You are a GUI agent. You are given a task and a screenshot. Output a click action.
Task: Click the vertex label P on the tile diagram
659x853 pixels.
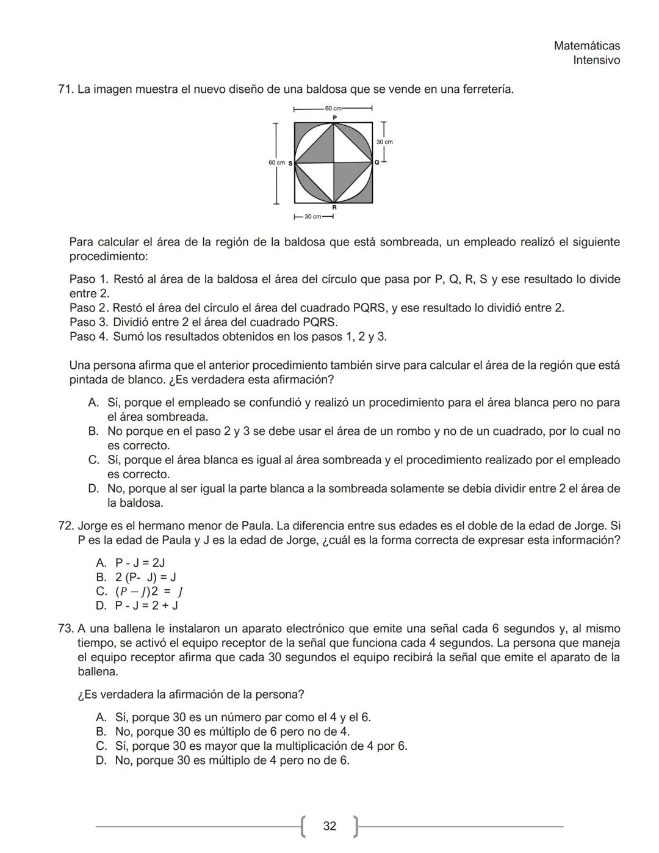[334, 117]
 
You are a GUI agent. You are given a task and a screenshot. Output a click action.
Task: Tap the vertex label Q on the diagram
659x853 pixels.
[376, 162]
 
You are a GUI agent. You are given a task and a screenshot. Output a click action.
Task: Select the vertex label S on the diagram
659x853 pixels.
[290, 163]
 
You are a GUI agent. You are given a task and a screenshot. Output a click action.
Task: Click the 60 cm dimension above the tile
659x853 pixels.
[334, 108]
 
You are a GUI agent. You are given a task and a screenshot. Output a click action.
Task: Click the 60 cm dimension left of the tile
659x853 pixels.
[276, 162]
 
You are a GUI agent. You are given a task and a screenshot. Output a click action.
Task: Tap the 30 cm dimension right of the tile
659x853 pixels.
[384, 142]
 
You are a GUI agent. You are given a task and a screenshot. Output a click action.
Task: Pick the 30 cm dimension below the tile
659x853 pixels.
[313, 217]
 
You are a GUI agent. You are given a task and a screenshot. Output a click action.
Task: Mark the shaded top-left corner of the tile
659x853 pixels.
[300, 128]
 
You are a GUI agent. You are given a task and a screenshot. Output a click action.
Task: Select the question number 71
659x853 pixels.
[65, 89]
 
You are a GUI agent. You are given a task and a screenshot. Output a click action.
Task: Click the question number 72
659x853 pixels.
[65, 526]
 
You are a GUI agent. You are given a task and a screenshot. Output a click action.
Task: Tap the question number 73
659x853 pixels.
[65, 628]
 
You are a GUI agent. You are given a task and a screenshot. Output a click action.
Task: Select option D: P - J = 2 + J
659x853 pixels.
[146, 605]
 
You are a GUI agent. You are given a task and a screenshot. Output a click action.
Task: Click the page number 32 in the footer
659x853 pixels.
[329, 826]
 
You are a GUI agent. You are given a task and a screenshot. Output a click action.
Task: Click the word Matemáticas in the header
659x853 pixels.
[586, 46]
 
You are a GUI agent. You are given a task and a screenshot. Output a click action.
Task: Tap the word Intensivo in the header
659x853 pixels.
[596, 60]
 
